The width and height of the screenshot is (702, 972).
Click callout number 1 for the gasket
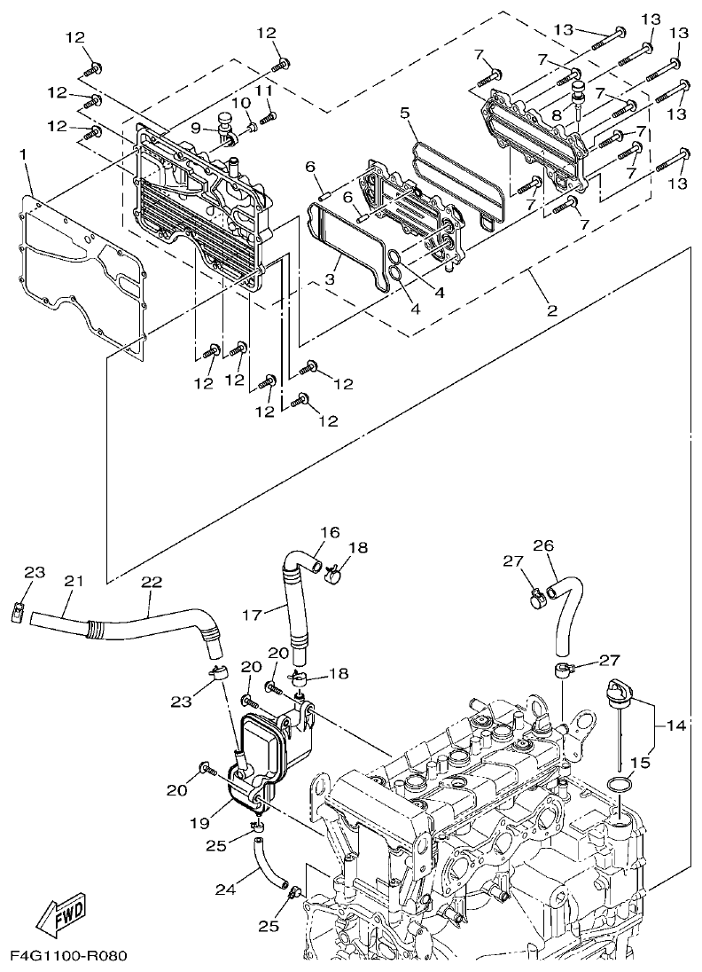point(24,156)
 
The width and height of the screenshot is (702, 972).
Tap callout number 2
point(551,310)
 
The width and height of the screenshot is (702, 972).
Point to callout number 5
point(404,113)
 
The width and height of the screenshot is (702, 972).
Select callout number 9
point(196,127)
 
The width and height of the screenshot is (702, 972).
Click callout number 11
point(264,91)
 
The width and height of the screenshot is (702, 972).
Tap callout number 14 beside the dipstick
point(677,726)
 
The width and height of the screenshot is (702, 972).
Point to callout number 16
point(330,533)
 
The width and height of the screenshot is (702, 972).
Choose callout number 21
point(73,581)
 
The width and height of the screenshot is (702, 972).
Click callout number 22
point(152,581)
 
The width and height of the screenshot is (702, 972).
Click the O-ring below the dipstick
point(620,785)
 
